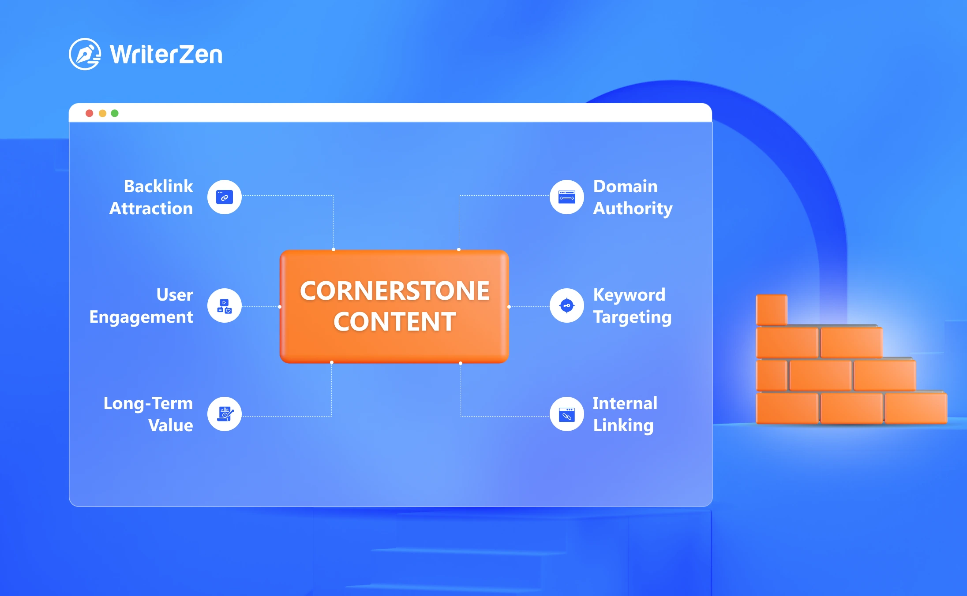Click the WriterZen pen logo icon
[x=85, y=54]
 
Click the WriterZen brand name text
[x=166, y=55]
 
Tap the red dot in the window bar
[x=90, y=113]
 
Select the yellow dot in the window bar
[x=102, y=113]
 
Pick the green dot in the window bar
[x=115, y=113]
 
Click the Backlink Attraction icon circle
[x=225, y=197]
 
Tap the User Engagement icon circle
[x=225, y=305]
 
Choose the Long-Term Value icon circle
[x=225, y=414]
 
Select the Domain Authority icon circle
[x=567, y=197]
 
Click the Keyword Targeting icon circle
[x=567, y=305]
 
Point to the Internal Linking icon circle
[x=567, y=414]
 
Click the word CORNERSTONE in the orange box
[x=395, y=291]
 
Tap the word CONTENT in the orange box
[x=395, y=321]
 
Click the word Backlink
[x=158, y=186]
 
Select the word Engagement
[x=141, y=317]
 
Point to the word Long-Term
[x=148, y=404]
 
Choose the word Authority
[x=633, y=209]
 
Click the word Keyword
[x=629, y=295]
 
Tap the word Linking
[x=623, y=426]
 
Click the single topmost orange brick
[x=772, y=310]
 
